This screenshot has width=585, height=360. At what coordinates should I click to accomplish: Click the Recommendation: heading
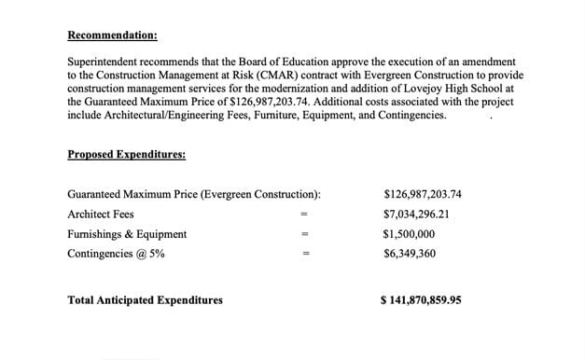pyautogui.click(x=112, y=35)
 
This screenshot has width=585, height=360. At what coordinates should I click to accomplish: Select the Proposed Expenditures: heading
pyautogui.click(x=126, y=154)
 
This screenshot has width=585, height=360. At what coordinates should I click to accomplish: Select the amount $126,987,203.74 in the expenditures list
pyautogui.click(x=423, y=194)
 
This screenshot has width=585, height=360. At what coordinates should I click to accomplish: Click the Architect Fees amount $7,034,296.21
pyautogui.click(x=416, y=214)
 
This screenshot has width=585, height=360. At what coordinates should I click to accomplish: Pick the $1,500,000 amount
pyautogui.click(x=409, y=234)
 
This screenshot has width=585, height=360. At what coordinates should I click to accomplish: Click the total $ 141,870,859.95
pyautogui.click(x=421, y=300)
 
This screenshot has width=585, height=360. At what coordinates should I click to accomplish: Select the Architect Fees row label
pyautogui.click(x=101, y=214)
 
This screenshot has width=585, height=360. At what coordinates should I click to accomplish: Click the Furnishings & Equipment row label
pyautogui.click(x=127, y=234)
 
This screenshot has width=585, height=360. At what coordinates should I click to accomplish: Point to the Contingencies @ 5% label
pyautogui.click(x=117, y=254)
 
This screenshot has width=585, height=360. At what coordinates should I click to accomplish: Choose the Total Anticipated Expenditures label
pyautogui.click(x=146, y=300)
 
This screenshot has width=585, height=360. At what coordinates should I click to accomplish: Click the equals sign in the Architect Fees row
pyautogui.click(x=303, y=215)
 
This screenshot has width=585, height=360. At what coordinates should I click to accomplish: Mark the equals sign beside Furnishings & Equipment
pyautogui.click(x=303, y=235)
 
